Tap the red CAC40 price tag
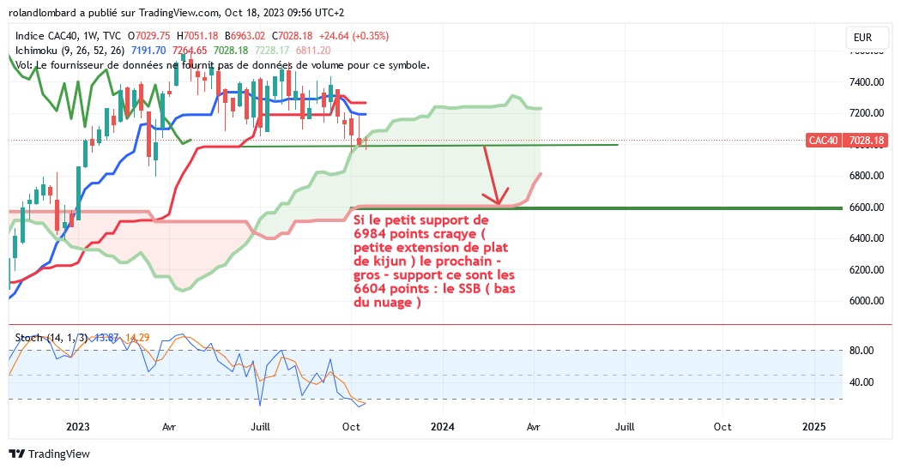(x=823, y=140)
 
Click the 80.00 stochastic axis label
(x=861, y=351)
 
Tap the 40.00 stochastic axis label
(x=861, y=382)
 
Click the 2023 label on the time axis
(x=77, y=426)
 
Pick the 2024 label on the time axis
(x=442, y=426)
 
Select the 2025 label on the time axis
(x=813, y=426)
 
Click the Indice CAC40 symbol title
(x=44, y=36)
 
